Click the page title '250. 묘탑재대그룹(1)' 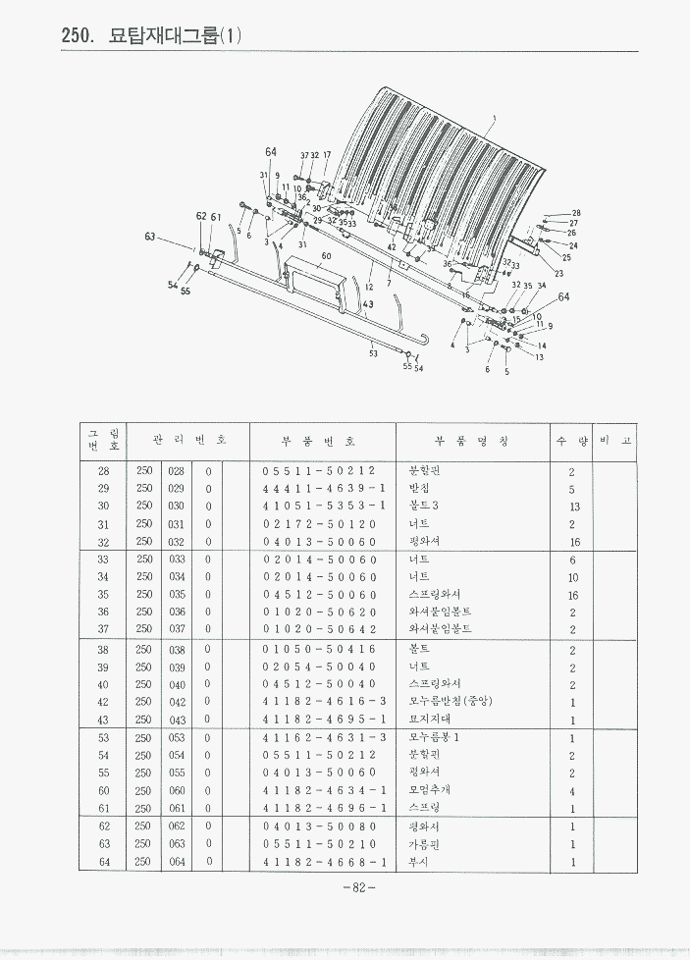[151, 36]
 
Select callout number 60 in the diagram [326, 255]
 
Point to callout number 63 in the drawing [150, 237]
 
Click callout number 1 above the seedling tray [494, 119]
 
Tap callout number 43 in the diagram [367, 305]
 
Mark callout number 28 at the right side [576, 213]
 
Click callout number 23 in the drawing [558, 273]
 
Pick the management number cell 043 [177, 720]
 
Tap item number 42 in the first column [104, 702]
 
